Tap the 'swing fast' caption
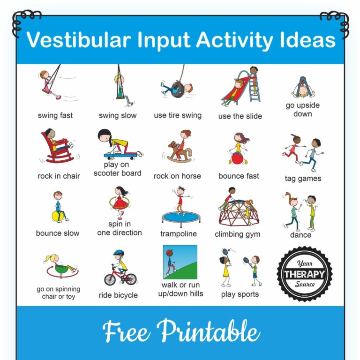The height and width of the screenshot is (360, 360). [x=55, y=115]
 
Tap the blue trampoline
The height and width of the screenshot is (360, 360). [x=180, y=217]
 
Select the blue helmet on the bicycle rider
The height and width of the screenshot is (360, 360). [x=118, y=253]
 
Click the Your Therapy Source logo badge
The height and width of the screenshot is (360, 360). [x=304, y=273]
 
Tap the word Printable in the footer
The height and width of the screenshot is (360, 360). [x=208, y=331]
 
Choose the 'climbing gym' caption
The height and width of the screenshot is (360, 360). [x=237, y=234]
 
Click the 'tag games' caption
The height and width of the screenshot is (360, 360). [x=303, y=179]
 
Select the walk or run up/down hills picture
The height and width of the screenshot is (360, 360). [x=180, y=262]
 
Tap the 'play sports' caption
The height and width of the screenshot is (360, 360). [x=240, y=294]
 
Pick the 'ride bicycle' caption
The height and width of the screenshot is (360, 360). [x=118, y=295]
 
